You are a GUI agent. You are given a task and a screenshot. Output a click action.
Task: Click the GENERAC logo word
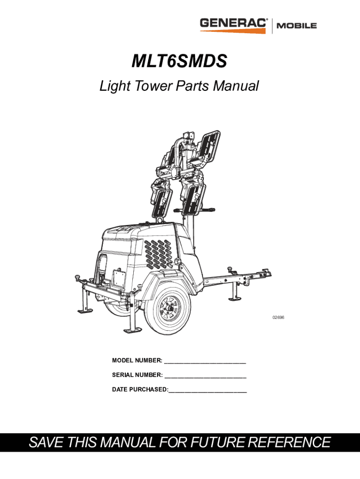click(x=234, y=23)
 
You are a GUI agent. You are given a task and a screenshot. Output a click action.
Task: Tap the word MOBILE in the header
click(x=298, y=26)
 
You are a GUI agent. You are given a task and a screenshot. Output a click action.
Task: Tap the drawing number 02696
click(x=279, y=318)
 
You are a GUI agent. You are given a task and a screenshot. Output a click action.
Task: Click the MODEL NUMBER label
click(x=137, y=360)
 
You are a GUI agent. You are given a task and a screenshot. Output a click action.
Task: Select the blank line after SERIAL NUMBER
click(x=206, y=376)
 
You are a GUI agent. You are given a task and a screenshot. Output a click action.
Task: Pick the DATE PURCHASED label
click(x=140, y=390)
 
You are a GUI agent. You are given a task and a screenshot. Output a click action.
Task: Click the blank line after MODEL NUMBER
click(x=205, y=361)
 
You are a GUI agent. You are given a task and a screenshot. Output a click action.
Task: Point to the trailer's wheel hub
click(x=166, y=309)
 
